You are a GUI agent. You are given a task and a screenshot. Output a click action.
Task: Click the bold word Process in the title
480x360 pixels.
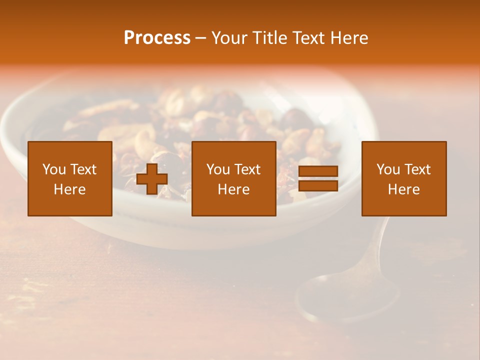tap(157, 38)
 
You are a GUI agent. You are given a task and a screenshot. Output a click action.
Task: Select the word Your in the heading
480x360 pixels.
tap(229, 38)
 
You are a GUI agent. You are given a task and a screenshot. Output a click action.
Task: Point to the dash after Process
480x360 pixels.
tap(201, 38)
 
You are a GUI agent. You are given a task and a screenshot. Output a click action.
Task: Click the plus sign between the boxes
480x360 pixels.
tap(152, 179)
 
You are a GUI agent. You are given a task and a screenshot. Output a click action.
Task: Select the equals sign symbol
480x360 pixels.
tap(318, 178)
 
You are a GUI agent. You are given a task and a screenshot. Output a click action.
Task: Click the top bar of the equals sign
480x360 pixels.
tap(318, 171)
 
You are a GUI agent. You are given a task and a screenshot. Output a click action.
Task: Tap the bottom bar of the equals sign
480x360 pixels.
tap(318, 186)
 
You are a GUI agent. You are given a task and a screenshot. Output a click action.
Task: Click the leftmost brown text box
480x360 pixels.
tap(69, 178)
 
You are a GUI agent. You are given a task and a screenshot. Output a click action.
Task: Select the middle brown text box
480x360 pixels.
tap(233, 178)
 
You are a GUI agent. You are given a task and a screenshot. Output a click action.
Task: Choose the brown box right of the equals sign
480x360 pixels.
tap(403, 178)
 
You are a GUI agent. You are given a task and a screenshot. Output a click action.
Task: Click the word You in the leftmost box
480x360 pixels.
tap(53, 169)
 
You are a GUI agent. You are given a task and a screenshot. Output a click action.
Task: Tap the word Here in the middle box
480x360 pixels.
tap(233, 189)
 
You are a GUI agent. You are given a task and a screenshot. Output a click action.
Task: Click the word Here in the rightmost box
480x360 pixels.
tap(403, 189)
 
